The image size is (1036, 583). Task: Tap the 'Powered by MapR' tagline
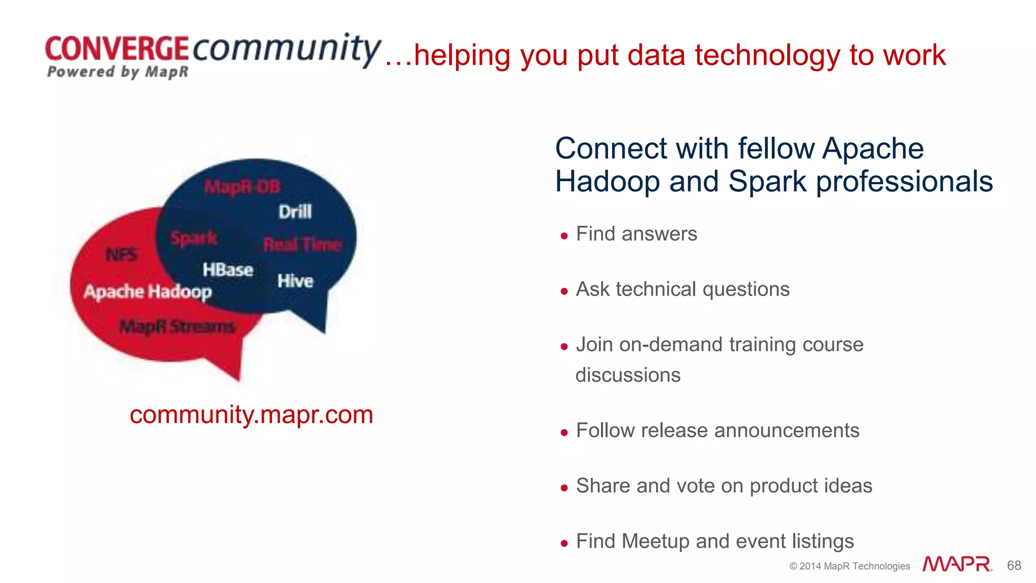117,72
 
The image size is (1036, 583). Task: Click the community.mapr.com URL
251,414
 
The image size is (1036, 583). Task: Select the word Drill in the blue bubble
295,212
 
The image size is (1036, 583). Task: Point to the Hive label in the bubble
295,281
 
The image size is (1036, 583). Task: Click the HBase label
228,270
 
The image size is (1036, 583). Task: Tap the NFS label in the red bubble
121,255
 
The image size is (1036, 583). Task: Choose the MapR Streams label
177,326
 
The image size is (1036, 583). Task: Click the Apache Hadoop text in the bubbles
148,292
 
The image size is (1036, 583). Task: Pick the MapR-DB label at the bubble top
242,187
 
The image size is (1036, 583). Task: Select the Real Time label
302,245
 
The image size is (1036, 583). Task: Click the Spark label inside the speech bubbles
194,238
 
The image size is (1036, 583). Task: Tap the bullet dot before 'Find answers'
564,236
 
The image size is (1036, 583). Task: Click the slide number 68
1014,565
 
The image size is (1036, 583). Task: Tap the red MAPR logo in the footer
957,564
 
